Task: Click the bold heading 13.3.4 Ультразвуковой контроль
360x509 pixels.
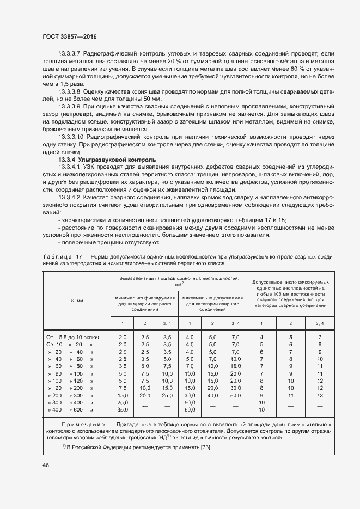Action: pyautogui.click(x=107, y=160)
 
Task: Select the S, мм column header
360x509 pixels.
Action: pyautogui.click(x=76, y=300)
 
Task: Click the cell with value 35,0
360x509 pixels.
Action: pyautogui.click(x=123, y=409)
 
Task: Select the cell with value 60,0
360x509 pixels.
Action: pyautogui.click(x=190, y=409)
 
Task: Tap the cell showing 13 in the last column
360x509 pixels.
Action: pyautogui.click(x=319, y=395)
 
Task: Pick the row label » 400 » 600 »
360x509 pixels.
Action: pyautogui.click(x=71, y=409)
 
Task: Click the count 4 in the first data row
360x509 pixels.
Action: pyautogui.click(x=262, y=338)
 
